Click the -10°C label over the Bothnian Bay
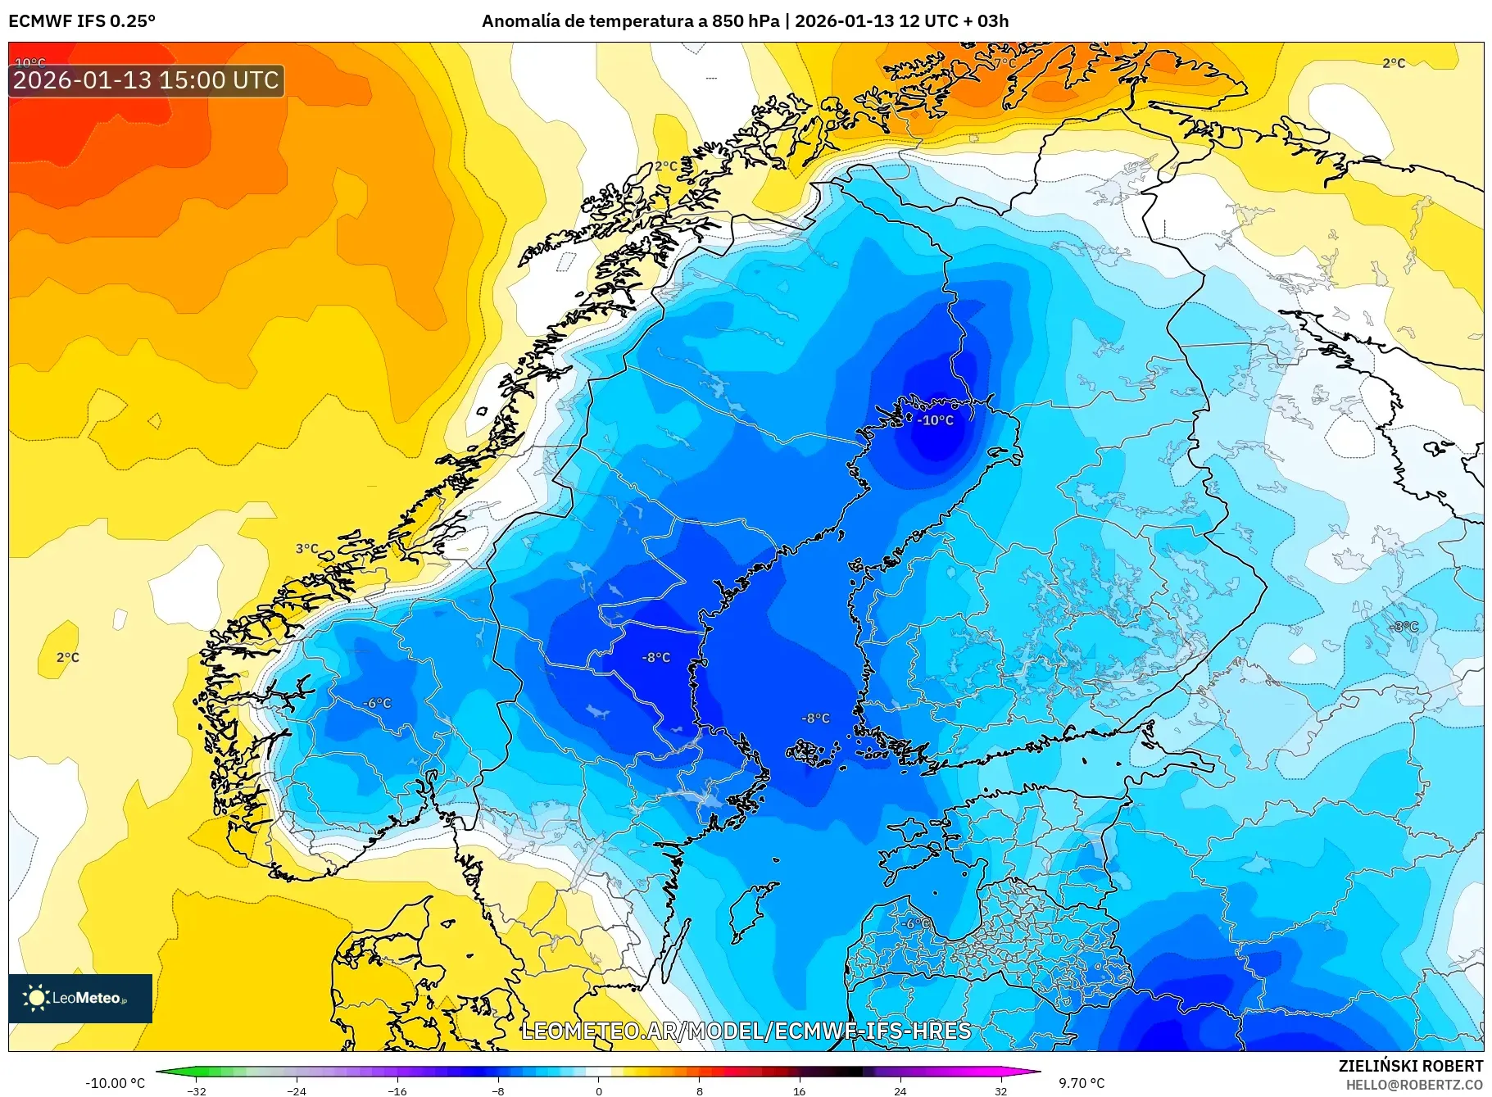(x=936, y=420)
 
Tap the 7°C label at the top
(x=1004, y=63)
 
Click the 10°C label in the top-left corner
(x=30, y=63)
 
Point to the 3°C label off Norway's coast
(x=306, y=549)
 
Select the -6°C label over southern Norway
(x=377, y=703)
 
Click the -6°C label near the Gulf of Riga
(x=915, y=923)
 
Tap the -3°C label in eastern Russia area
(x=1404, y=627)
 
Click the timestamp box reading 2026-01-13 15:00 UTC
(x=146, y=80)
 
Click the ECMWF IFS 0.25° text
(x=82, y=21)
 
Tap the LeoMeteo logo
(x=80, y=998)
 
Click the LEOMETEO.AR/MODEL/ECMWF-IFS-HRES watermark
(x=746, y=1031)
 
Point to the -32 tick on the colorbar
(x=196, y=1090)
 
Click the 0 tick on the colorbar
(x=598, y=1090)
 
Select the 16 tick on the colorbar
(x=799, y=1090)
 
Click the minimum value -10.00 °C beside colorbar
(x=115, y=1083)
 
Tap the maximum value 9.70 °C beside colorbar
(x=1082, y=1083)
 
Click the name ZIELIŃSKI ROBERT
(x=1410, y=1066)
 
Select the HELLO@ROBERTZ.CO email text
(x=1413, y=1085)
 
